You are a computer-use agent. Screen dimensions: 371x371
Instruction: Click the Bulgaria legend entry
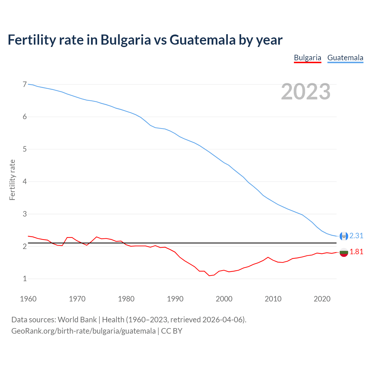(308, 58)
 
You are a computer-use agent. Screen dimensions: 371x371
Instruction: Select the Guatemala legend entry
(345, 58)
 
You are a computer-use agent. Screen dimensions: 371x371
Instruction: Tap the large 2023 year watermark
(306, 92)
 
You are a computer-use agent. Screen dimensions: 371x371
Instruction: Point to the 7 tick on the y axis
(25, 85)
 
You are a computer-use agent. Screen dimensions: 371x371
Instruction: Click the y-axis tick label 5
(25, 149)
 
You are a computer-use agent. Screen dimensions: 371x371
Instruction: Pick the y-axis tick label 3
(25, 214)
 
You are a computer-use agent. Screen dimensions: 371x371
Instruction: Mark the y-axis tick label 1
(25, 279)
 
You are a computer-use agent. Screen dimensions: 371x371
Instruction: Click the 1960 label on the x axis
(28, 299)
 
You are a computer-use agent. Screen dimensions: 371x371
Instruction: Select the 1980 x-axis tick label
(126, 299)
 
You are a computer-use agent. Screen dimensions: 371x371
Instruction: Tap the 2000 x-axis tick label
(224, 299)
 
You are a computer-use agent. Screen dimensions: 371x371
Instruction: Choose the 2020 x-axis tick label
(322, 299)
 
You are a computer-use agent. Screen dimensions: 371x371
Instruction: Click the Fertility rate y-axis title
(12, 180)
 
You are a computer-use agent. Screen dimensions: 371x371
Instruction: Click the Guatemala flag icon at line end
(344, 236)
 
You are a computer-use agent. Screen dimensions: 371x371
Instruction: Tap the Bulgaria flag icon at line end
(344, 252)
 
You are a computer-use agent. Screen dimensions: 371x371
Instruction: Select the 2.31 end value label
(356, 236)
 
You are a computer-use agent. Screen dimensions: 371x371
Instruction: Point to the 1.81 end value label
(356, 252)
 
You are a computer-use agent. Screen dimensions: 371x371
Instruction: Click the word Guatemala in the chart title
(203, 40)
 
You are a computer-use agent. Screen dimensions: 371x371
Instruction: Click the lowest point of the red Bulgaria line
(209, 276)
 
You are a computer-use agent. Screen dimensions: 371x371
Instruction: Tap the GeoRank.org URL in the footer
(83, 331)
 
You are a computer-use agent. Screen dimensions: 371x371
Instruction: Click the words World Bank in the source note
(77, 320)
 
